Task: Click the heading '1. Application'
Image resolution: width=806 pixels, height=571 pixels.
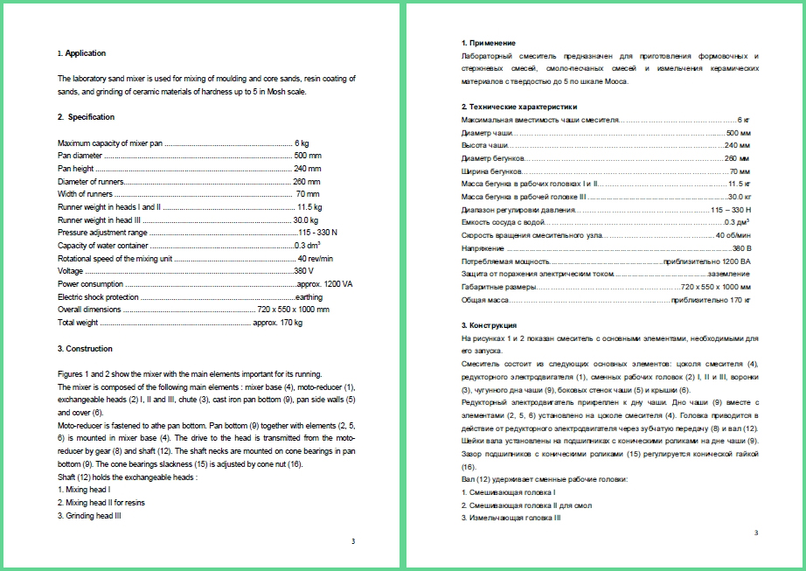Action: pyautogui.click(x=81, y=53)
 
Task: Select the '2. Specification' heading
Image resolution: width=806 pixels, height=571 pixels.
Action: pyautogui.click(x=86, y=117)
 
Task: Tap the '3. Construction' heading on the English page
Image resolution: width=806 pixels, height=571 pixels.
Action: pyautogui.click(x=85, y=349)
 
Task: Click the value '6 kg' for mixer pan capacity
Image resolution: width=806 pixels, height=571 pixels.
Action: pyautogui.click(x=302, y=143)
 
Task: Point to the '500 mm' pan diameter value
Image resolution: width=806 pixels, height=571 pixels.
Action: pyautogui.click(x=308, y=156)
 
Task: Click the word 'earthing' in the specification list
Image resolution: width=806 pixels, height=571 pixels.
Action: pyautogui.click(x=309, y=297)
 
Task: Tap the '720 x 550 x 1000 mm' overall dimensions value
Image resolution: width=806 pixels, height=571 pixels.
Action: pyautogui.click(x=294, y=310)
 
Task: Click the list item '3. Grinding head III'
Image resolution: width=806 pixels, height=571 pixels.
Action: pyautogui.click(x=89, y=516)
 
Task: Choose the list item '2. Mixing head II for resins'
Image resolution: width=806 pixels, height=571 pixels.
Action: pyautogui.click(x=103, y=504)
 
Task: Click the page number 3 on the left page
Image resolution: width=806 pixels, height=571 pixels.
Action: pyautogui.click(x=353, y=542)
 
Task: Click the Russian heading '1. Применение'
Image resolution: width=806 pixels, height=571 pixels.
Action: pyautogui.click(x=488, y=43)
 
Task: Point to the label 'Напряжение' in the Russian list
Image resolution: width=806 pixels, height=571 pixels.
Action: pyautogui.click(x=480, y=249)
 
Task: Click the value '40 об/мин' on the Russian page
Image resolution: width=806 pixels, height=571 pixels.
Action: pyautogui.click(x=733, y=236)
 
